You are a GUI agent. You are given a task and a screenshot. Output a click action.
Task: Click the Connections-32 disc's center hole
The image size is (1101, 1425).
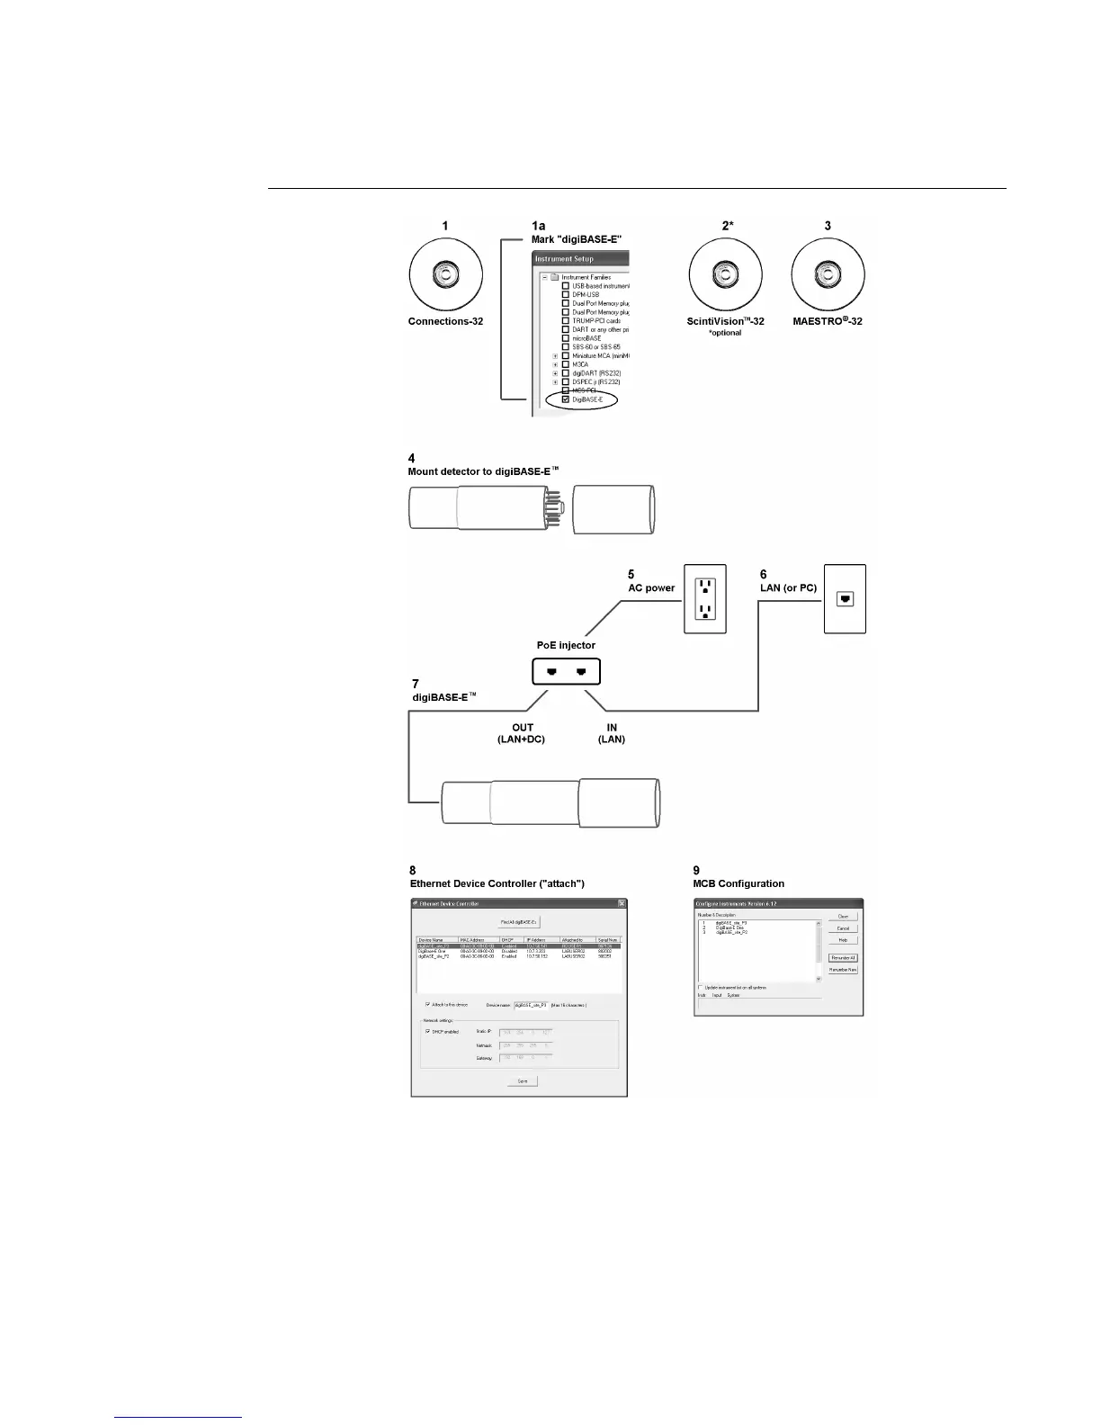445,274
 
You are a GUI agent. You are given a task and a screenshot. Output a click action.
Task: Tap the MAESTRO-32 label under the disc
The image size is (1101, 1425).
828,321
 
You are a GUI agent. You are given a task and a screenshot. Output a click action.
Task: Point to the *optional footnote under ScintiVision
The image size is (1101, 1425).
725,333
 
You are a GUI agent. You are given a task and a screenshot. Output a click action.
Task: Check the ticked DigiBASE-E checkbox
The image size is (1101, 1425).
566,399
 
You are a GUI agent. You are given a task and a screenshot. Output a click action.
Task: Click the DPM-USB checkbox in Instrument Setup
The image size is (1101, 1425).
566,294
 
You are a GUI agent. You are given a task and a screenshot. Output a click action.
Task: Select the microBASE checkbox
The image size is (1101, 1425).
566,338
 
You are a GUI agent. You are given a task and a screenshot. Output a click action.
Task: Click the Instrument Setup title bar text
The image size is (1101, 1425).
564,259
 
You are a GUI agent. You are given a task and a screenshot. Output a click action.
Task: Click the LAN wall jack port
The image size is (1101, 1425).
845,598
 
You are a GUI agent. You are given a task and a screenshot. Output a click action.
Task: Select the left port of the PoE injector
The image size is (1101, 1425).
550,671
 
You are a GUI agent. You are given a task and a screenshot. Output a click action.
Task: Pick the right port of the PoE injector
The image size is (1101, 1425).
581,671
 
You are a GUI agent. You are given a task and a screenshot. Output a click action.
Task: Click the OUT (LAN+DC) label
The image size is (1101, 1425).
522,733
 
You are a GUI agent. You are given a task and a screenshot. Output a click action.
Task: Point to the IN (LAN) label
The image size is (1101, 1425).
612,733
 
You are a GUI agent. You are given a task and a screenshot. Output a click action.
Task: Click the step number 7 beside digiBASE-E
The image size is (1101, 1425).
416,685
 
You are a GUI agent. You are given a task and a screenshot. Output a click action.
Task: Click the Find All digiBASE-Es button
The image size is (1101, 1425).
519,922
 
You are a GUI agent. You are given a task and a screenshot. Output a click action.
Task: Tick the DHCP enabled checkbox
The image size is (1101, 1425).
428,1032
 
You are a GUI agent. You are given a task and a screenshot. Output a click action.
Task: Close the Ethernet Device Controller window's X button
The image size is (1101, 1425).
621,903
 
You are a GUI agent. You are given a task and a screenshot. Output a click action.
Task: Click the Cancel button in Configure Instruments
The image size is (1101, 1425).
843,928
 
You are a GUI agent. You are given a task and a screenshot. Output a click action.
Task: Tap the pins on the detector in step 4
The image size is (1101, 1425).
556,509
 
